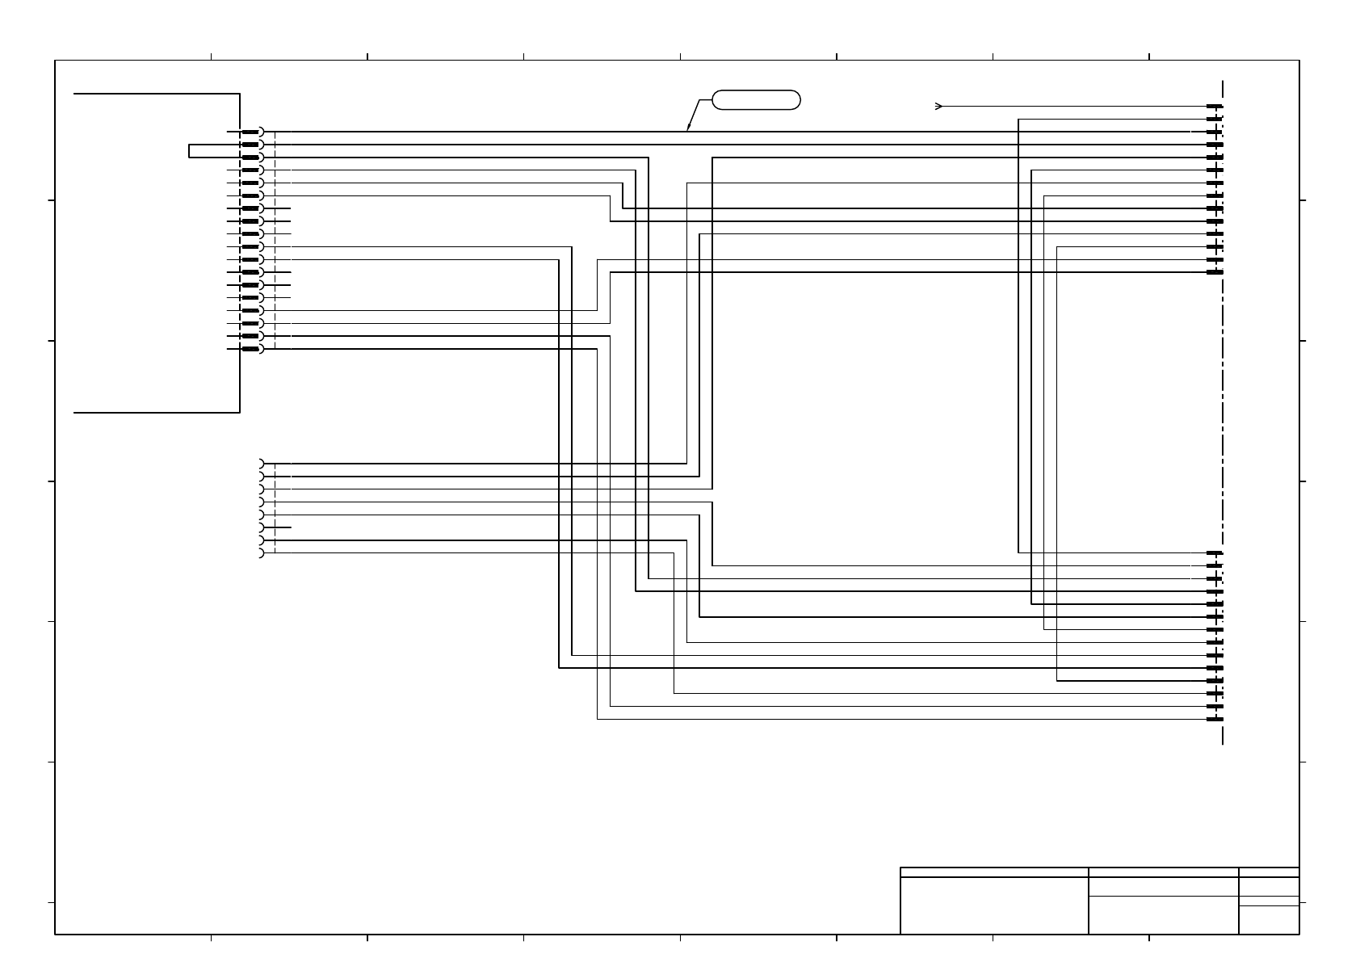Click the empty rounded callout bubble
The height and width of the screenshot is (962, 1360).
point(756,100)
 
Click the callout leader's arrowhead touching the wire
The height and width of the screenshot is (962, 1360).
point(688,128)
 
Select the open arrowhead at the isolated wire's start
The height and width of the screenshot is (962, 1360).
point(938,106)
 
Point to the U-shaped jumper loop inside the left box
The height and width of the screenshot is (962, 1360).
point(191,151)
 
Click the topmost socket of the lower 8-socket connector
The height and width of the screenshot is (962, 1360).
point(261,464)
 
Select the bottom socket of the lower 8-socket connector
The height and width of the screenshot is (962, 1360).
point(261,553)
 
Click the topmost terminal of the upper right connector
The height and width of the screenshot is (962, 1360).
point(1215,106)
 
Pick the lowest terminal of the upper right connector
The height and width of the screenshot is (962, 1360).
point(1215,272)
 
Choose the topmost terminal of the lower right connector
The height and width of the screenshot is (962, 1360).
point(1215,553)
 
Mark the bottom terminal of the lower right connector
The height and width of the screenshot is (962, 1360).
point(1215,719)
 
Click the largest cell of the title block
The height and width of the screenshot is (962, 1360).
point(994,905)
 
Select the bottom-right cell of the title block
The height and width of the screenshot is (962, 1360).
point(1269,920)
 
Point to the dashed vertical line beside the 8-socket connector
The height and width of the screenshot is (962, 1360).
point(275,509)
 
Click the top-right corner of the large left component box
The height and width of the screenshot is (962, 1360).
point(240,94)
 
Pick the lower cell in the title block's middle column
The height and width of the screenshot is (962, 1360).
point(1163,915)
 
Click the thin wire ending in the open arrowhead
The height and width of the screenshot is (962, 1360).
point(1074,106)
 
